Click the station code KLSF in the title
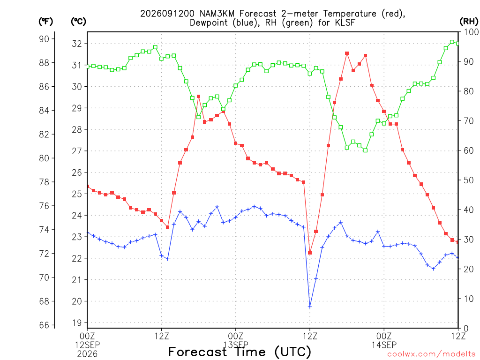345,22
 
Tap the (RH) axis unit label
469,22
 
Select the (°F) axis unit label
45,22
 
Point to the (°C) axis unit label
78,22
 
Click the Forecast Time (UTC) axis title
240,352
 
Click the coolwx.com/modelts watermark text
431,354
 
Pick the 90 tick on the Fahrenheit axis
44,39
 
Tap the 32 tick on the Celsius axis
77,44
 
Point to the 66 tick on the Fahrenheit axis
44,325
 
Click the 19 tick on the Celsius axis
77,323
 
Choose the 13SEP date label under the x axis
236,345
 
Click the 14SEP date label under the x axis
384,345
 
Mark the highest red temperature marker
347,53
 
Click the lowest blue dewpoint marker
310,307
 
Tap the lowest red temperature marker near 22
310,253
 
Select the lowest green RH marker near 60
366,150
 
